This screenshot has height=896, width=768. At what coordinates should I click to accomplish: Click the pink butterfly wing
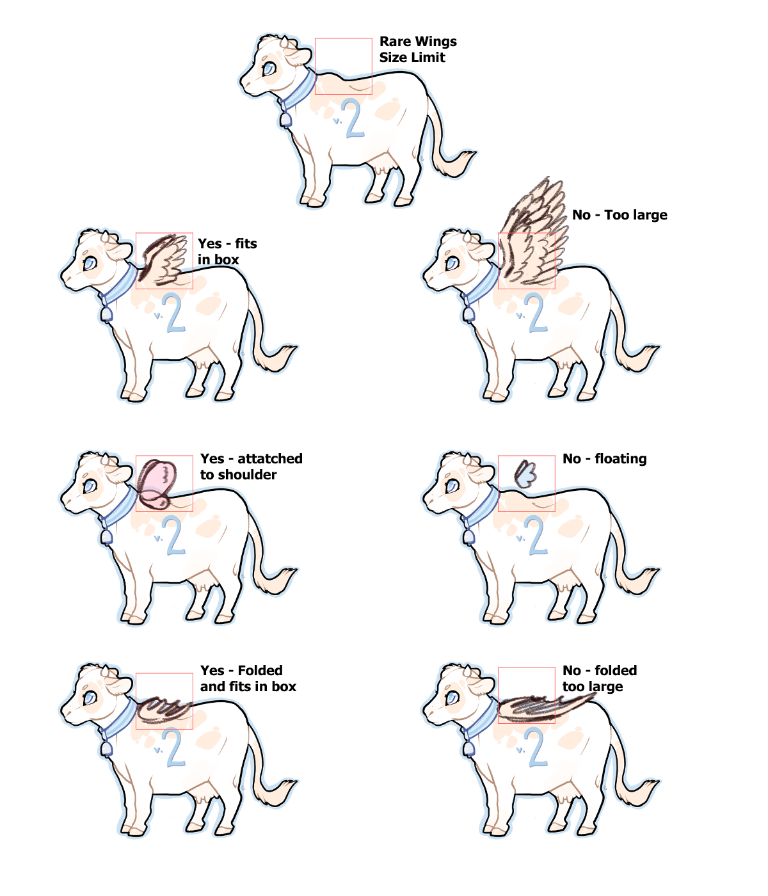coord(157,484)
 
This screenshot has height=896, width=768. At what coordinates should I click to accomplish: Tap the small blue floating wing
coord(525,474)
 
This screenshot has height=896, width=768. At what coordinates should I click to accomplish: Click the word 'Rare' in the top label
coord(394,42)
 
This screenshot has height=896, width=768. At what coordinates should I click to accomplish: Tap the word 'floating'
coord(620,459)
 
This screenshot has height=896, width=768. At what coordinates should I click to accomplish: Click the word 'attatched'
coord(269,459)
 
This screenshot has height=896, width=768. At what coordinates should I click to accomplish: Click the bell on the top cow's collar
coord(285,120)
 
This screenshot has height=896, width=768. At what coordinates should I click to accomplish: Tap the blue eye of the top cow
coord(269,68)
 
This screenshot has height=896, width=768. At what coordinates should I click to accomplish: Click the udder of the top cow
coord(385,165)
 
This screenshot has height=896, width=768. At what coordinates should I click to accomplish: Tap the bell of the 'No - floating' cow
coord(468,537)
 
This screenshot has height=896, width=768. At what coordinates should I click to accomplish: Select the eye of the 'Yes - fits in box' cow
coord(90,263)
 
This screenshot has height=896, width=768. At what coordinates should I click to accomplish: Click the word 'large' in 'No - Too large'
coord(651,216)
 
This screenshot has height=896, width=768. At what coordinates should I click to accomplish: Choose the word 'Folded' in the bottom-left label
coord(260,671)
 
